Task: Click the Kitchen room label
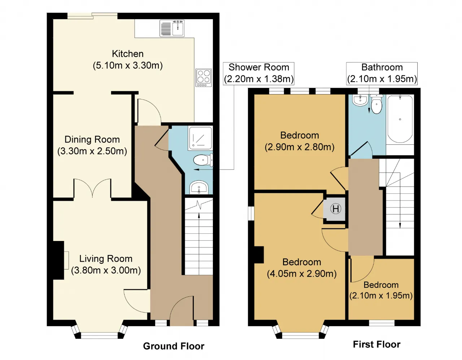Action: (x=127, y=54)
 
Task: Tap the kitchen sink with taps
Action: (x=172, y=28)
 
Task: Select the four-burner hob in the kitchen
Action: (x=204, y=78)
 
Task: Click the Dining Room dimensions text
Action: (x=92, y=151)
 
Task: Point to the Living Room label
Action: (x=106, y=259)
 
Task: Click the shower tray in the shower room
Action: (x=200, y=138)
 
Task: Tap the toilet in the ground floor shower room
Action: (x=203, y=160)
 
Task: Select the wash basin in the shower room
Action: (x=199, y=187)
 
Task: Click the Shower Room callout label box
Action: (x=258, y=73)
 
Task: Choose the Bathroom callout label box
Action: (x=382, y=73)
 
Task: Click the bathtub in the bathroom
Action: (x=400, y=119)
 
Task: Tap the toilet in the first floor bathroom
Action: (x=376, y=104)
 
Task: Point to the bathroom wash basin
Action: (x=360, y=100)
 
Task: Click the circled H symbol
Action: (x=336, y=208)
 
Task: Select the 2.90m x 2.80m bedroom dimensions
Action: (x=299, y=147)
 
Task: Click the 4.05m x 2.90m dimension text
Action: (x=302, y=273)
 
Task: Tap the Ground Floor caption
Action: (x=174, y=346)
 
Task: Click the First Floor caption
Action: (x=376, y=344)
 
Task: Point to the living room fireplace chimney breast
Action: (x=58, y=260)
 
